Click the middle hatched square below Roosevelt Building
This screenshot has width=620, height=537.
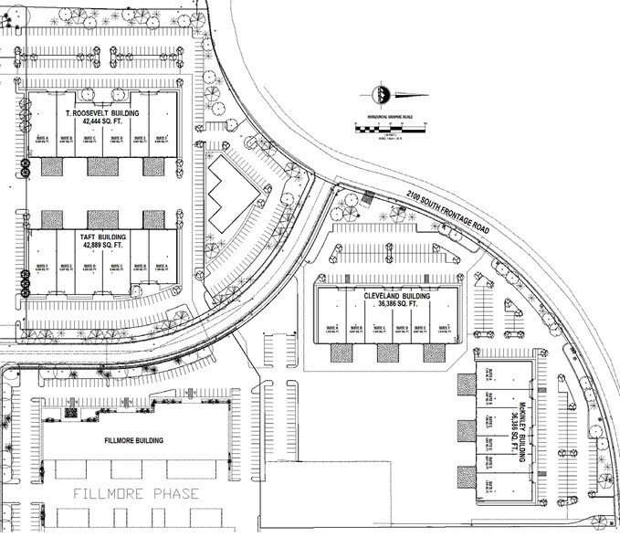pos(102,167)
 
